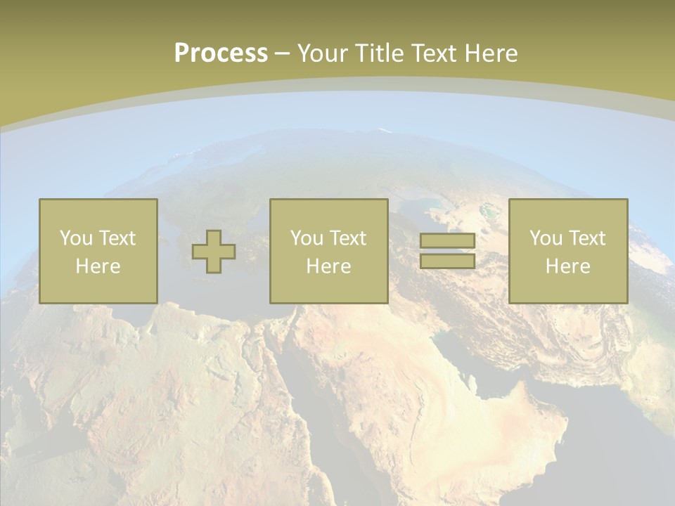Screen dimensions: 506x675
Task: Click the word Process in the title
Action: tap(221, 53)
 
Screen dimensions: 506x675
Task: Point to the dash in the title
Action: tap(282, 54)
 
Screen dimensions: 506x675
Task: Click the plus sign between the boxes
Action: tap(214, 252)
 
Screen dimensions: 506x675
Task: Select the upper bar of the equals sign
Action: tap(447, 241)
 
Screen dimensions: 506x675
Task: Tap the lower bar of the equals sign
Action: tap(447, 261)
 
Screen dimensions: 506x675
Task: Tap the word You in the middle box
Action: tap(306, 238)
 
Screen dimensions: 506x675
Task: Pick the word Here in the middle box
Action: tap(328, 266)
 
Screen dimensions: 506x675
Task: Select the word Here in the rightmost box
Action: tap(567, 266)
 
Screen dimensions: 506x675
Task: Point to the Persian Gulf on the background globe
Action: tap(485, 365)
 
